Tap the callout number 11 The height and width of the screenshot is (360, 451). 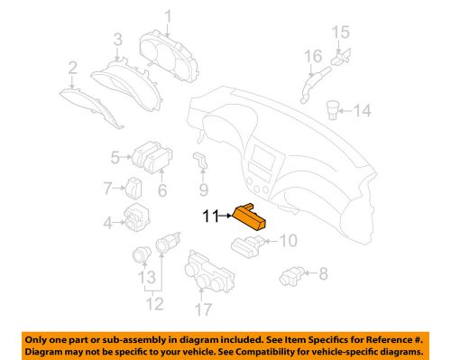pyautogui.click(x=209, y=216)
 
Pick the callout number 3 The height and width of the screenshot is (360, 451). pyautogui.click(x=117, y=38)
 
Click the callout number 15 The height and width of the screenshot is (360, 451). pyautogui.click(x=341, y=33)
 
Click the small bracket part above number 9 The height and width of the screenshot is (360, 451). pyautogui.click(x=200, y=162)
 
